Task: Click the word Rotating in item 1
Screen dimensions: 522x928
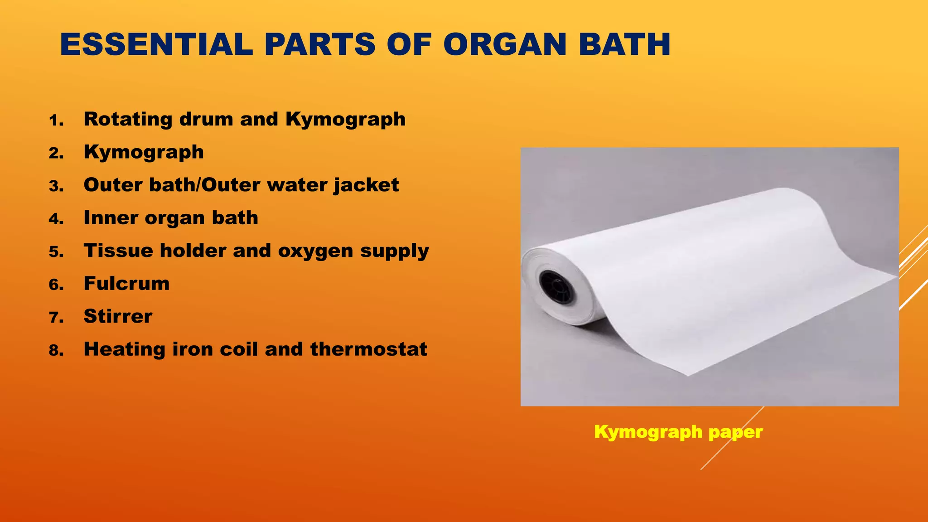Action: coord(128,120)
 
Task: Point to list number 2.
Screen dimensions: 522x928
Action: coord(56,154)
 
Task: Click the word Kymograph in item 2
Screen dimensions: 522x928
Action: coord(144,152)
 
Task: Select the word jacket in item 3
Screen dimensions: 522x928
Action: coord(366,185)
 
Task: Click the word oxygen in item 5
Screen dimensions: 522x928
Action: coord(315,251)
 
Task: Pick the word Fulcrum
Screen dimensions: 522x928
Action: coord(126,284)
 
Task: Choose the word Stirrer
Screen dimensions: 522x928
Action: coord(118,316)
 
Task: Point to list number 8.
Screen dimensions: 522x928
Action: coord(56,351)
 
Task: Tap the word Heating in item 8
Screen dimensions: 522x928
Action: coord(125,349)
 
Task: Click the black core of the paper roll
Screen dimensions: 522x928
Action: coord(556,288)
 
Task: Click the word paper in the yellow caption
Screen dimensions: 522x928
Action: coord(735,432)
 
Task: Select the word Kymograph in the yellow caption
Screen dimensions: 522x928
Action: coord(648,432)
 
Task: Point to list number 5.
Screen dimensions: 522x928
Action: coord(56,252)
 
